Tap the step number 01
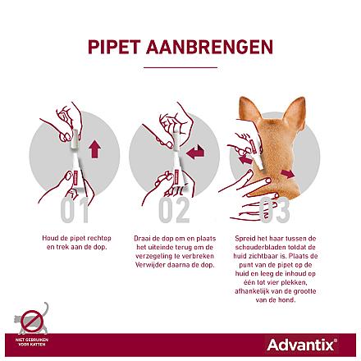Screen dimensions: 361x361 74,210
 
